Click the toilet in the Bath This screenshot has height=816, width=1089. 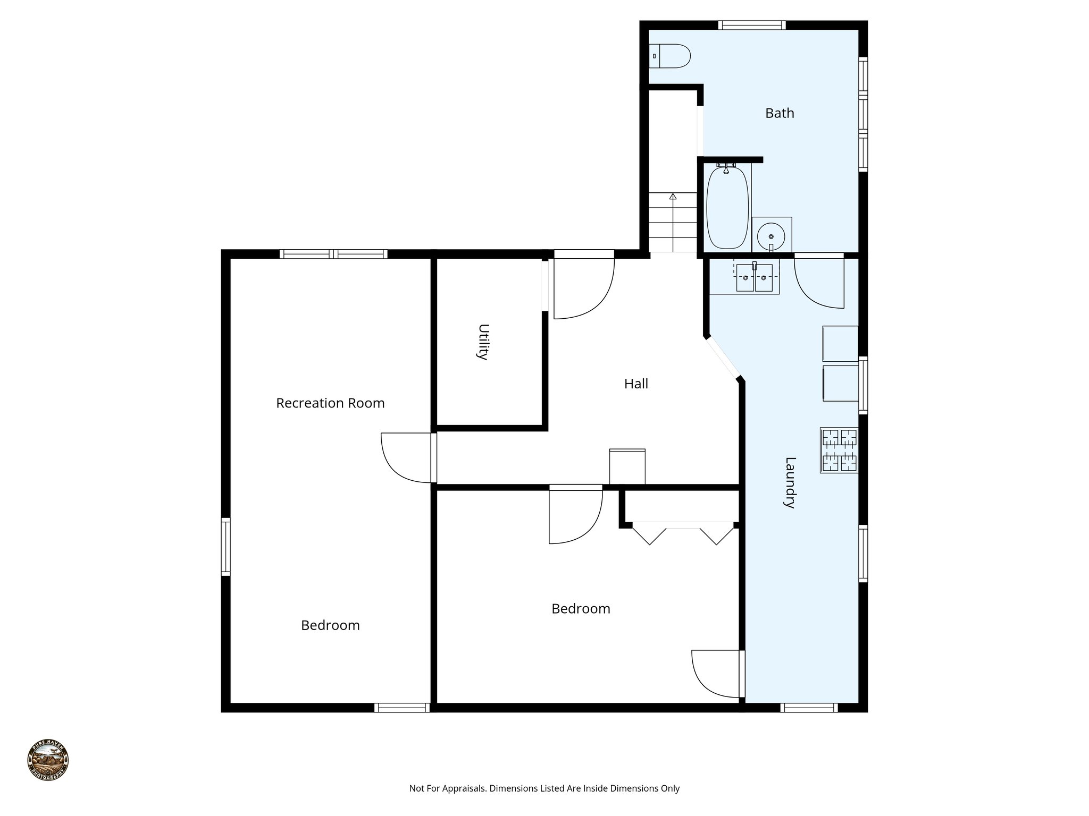(x=670, y=56)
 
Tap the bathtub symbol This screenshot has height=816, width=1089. (x=727, y=208)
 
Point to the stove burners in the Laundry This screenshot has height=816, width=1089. (x=840, y=450)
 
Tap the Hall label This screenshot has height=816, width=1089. (x=636, y=384)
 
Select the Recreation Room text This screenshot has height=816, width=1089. (x=330, y=403)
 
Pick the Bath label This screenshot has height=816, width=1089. (x=780, y=113)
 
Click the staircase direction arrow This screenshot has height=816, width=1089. (x=673, y=197)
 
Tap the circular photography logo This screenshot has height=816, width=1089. (x=48, y=760)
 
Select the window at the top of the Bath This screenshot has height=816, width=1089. (x=751, y=25)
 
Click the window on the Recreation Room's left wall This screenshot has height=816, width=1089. (x=226, y=547)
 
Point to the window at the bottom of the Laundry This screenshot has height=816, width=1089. (x=809, y=708)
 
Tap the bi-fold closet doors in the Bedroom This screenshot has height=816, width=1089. (x=682, y=533)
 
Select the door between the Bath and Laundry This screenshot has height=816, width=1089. (x=819, y=282)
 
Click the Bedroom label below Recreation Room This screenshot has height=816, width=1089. (x=330, y=625)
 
